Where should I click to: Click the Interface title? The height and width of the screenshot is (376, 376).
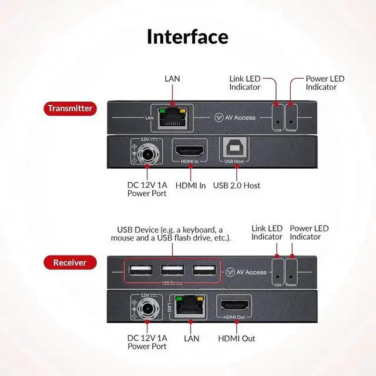(x=187, y=36)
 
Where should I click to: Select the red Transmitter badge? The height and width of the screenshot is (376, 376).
(x=69, y=108)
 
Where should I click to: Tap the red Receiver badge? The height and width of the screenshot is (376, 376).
(x=69, y=263)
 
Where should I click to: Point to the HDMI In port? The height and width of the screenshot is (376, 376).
(x=189, y=150)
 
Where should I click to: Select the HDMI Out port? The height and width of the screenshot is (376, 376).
(x=235, y=305)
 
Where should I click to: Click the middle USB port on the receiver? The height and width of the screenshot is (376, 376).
(x=173, y=271)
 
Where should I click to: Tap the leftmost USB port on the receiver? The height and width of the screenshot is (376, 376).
(x=142, y=271)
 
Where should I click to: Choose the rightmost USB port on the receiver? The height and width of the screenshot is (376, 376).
(x=203, y=271)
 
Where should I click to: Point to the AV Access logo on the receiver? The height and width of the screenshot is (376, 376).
(x=247, y=272)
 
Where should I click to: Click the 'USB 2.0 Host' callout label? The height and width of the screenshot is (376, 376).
(x=237, y=186)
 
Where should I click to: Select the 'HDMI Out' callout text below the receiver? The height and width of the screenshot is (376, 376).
(x=237, y=338)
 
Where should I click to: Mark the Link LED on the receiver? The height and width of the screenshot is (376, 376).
(x=276, y=272)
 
